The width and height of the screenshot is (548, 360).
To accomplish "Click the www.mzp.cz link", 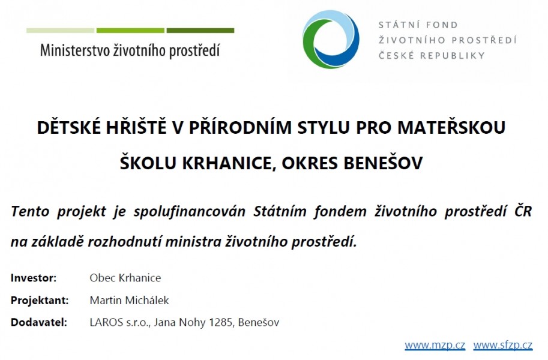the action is pyautogui.click(x=435, y=346).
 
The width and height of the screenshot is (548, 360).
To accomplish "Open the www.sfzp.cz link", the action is pyautogui.click(x=503, y=346).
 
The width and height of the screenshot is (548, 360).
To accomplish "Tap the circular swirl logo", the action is pyautogui.click(x=331, y=39).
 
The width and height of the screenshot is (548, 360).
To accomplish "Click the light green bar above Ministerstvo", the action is pyautogui.click(x=60, y=31).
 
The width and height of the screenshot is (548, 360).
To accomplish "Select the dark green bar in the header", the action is pyautogui.click(x=200, y=31).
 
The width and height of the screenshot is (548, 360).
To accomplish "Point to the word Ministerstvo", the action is pyautogui.click(x=75, y=50).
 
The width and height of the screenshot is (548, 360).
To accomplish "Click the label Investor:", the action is pyautogui.click(x=34, y=278).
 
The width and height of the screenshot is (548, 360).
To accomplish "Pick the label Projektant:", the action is pyautogui.click(x=40, y=300).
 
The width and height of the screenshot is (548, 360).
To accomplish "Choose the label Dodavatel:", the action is pyautogui.click(x=38, y=322).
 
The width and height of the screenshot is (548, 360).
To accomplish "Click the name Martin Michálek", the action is pyautogui.click(x=129, y=300).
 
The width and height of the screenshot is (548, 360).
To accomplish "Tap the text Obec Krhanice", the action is pyautogui.click(x=125, y=278).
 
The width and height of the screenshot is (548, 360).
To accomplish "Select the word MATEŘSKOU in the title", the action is pyautogui.click(x=451, y=127).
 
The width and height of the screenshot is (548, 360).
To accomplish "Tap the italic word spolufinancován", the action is pyautogui.click(x=190, y=211).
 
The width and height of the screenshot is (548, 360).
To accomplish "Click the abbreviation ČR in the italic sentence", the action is pyautogui.click(x=523, y=211).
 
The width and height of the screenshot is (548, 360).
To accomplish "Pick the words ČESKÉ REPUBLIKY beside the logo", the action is pyautogui.click(x=432, y=56).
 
